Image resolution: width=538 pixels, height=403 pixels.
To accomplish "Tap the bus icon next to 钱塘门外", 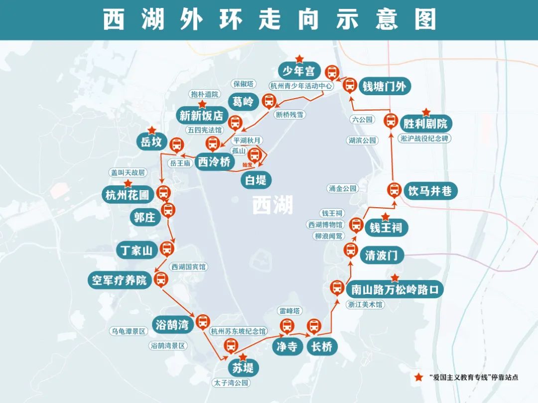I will [x=350, y=85].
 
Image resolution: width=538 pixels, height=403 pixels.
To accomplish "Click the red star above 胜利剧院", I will [x=426, y=113].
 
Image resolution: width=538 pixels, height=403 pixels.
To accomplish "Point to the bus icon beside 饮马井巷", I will [x=394, y=190].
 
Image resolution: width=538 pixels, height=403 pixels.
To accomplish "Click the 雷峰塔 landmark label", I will [x=290, y=311].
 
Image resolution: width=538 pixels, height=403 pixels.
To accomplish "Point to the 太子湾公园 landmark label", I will [x=230, y=383].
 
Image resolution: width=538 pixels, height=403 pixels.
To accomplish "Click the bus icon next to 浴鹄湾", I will [x=203, y=322].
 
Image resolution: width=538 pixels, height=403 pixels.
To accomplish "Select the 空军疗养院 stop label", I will [x=120, y=280].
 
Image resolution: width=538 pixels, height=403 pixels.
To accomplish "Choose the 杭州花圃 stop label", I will [x=128, y=194].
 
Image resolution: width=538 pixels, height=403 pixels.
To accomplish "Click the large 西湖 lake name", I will [x=272, y=205].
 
